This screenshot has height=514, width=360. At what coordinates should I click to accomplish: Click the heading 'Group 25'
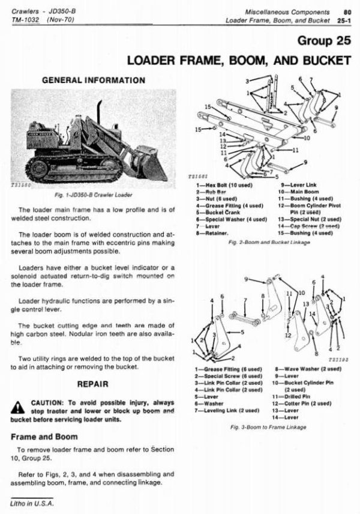[x=322, y=41]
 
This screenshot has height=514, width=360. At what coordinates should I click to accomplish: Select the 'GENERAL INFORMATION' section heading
[x=94, y=80]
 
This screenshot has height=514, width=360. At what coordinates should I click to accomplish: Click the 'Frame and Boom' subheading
[x=41, y=437]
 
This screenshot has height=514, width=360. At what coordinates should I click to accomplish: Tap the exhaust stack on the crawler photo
[x=100, y=114]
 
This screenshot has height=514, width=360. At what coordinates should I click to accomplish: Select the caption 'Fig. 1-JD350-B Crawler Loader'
[x=94, y=195]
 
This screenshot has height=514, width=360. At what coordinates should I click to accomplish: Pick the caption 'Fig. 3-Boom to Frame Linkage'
[x=268, y=427]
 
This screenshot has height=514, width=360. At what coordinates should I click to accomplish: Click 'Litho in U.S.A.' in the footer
[x=31, y=503]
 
